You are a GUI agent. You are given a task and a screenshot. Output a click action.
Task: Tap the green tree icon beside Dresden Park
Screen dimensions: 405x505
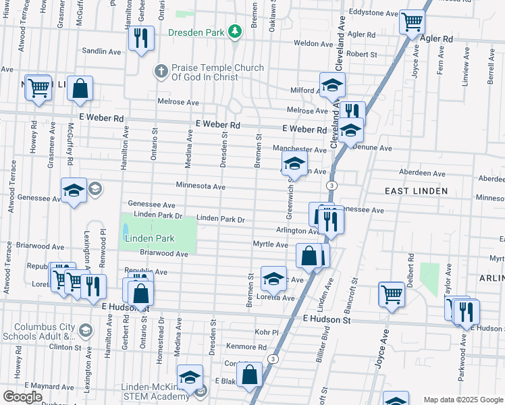click(234, 31)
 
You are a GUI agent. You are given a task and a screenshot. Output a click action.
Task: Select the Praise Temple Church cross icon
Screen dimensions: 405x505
click(161, 70)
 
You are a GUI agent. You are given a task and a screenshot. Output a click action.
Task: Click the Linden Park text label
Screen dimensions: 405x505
click(149, 238)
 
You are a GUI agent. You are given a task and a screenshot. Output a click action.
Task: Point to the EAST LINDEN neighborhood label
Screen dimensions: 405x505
click(416, 191)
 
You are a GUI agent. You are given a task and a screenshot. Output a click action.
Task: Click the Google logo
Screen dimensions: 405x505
click(22, 397)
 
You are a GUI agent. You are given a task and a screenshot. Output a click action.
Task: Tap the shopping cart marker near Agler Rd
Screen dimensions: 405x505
click(411, 22)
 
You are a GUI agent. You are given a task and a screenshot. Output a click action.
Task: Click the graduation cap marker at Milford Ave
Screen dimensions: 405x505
click(331, 85)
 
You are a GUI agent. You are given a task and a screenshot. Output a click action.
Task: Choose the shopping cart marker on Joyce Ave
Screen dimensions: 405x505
click(392, 294)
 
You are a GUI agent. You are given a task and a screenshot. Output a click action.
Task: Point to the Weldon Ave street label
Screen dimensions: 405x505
click(314, 44)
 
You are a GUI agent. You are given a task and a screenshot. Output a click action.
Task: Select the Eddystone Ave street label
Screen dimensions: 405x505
click(373, 11)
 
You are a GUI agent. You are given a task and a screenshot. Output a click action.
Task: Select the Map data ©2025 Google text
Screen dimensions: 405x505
click(462, 400)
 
